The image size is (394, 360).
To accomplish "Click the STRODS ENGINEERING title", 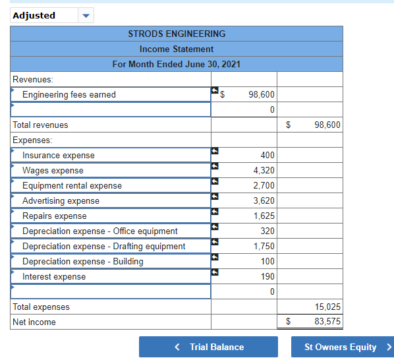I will pos(177,34).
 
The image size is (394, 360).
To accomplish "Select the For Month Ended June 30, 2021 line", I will pos(177,64).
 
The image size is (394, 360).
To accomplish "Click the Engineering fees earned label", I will pos(69,95).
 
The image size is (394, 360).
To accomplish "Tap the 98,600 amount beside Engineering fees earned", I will pos(262,95).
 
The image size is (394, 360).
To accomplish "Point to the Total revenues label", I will pos(41,125).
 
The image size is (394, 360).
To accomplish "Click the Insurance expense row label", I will pos(59,156).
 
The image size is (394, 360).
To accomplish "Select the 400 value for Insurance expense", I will pos(267,156).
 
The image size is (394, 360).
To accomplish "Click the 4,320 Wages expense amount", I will pos(264,171).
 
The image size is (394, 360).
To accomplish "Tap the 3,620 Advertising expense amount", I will pos(264,201).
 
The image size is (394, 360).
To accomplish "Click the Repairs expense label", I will pos(55,216).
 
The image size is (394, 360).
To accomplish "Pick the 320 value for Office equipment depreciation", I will pos(267,231).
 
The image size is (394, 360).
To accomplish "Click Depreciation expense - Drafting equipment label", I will pos(104,247).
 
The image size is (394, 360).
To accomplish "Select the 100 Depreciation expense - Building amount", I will pos(267,262).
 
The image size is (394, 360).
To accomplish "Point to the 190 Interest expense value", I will pos(267,277).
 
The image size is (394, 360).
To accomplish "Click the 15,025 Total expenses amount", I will pos(328,307).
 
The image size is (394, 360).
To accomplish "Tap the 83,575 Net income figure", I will pos(328,322).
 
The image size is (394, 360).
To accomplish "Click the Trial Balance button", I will pos(208,347).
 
